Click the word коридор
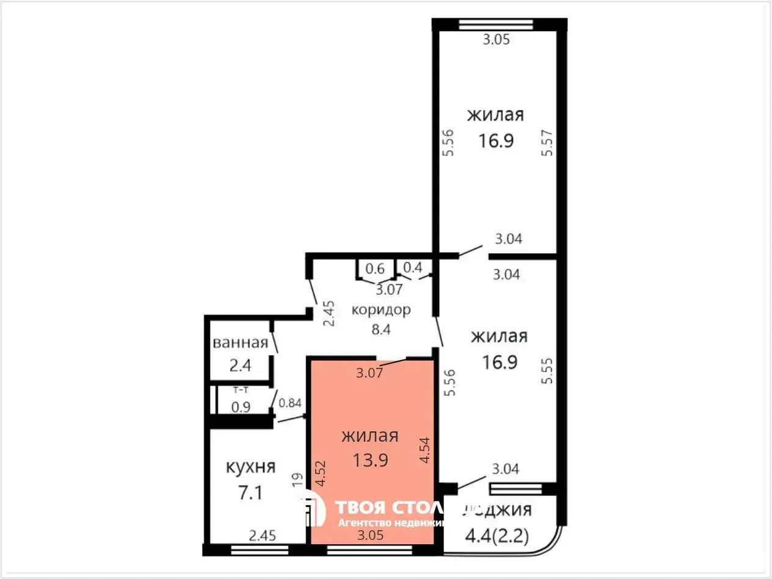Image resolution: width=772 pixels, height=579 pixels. (381, 309)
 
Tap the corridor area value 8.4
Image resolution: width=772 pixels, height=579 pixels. (381, 330)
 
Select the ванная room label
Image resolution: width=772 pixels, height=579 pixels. (240, 343)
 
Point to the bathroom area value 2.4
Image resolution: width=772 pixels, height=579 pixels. (240, 366)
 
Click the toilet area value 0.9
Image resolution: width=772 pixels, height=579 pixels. (240, 407)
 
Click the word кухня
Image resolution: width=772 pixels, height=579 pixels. (250, 467)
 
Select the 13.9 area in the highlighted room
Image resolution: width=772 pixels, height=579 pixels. (370, 460)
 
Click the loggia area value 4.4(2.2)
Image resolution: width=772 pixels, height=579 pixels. (497, 538)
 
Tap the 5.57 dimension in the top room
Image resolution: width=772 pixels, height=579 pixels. (547, 142)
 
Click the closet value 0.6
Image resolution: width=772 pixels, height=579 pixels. (375, 269)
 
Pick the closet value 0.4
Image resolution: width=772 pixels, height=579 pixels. (413, 267)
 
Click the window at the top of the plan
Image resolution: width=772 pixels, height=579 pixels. (496, 25)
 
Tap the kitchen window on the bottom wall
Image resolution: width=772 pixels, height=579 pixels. (260, 550)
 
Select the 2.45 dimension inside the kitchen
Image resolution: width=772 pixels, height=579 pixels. (263, 536)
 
